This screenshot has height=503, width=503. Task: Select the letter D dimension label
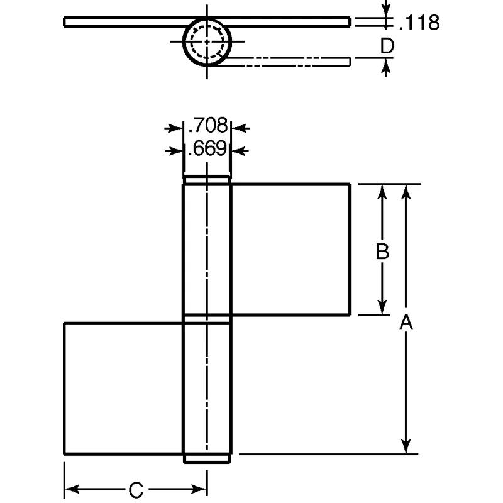pos(388,46)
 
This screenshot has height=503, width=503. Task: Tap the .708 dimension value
pos(207,126)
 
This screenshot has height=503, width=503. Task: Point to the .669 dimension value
pos(207,149)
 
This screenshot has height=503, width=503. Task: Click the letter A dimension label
pos(406,323)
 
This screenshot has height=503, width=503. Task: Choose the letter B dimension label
pos(382,251)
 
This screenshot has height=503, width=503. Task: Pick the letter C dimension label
pos(136,489)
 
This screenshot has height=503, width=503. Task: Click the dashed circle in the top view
pos(207,42)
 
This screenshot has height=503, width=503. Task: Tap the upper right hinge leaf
pos(290,249)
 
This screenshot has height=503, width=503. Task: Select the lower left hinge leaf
pos(124,388)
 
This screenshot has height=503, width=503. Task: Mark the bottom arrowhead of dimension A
pos(407,448)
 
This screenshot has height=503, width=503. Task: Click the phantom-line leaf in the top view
pos(289,60)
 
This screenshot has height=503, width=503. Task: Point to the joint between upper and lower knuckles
pos(207,319)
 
